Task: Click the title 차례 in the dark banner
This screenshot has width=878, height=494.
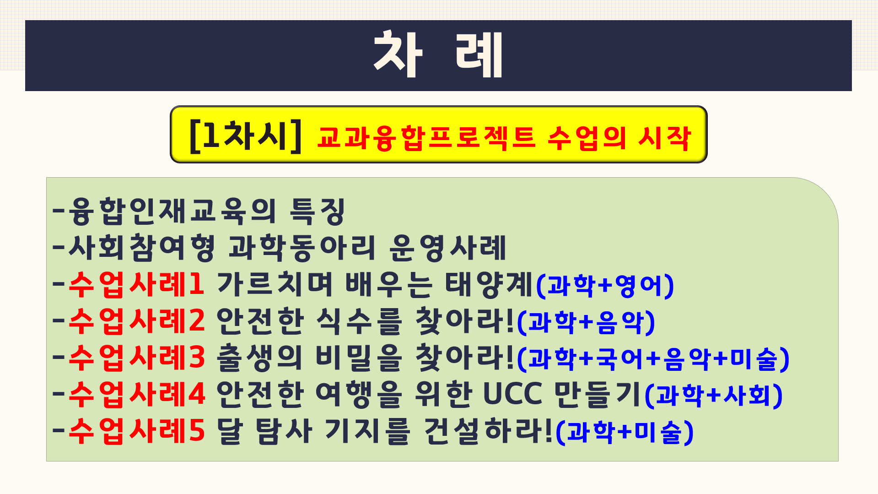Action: click(x=438, y=54)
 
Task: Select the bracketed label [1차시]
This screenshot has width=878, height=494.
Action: click(x=245, y=136)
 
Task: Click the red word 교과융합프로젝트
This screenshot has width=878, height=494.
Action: click(x=426, y=138)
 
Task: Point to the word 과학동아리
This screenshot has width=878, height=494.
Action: click(x=302, y=248)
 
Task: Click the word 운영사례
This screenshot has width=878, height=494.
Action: click(x=447, y=248)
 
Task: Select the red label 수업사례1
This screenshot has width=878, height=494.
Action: click(x=136, y=284)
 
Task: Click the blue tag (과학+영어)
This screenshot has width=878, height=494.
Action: click(x=604, y=286)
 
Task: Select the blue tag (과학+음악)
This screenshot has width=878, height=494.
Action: click(x=586, y=322)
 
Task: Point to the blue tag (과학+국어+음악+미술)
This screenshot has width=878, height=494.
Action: click(x=653, y=359)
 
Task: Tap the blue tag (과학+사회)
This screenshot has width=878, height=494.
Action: click(x=713, y=396)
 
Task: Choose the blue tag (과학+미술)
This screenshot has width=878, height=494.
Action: click(x=625, y=432)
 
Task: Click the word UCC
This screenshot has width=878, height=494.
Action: click(x=512, y=394)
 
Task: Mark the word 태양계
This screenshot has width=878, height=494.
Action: click(x=489, y=284)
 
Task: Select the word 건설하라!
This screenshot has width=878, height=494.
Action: click(x=489, y=431)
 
